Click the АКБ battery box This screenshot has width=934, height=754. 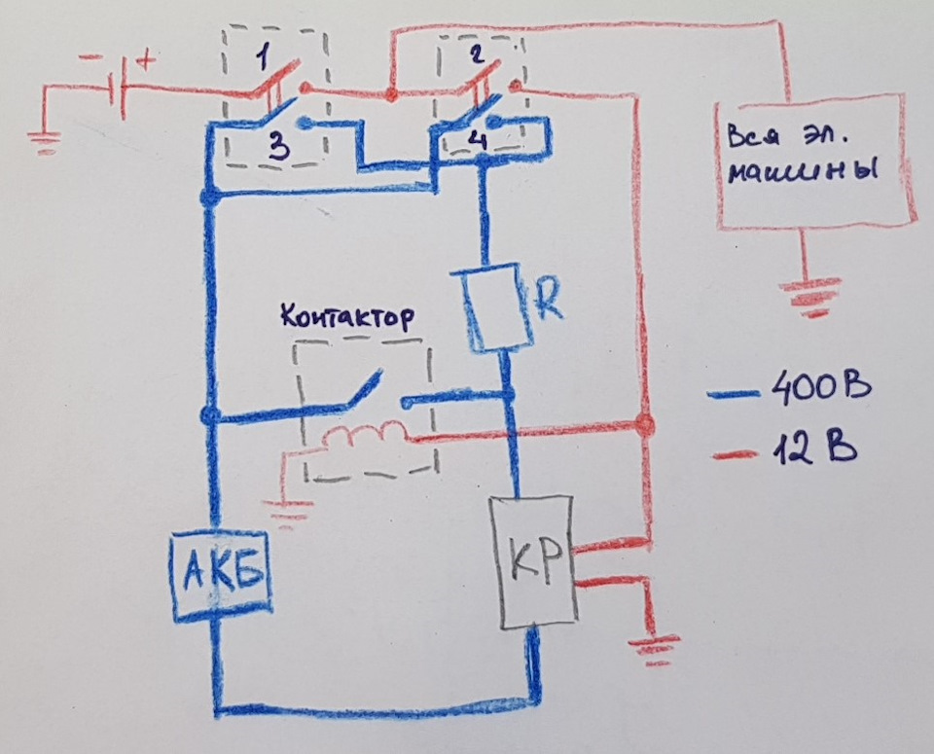coord(220,576)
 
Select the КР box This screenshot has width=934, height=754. coord(534,561)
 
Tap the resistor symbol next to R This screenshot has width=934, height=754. coord(494,309)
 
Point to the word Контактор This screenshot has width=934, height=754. coord(347,316)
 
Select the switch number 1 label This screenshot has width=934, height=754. coord(263,56)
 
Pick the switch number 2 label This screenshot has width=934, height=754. coord(476,54)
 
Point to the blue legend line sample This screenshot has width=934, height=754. coord(734,394)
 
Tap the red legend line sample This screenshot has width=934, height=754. coord(736,455)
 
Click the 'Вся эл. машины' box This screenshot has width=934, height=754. coord(815,161)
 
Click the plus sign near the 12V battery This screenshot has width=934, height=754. coord(147,60)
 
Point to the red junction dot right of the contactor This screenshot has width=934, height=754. coord(644,426)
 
